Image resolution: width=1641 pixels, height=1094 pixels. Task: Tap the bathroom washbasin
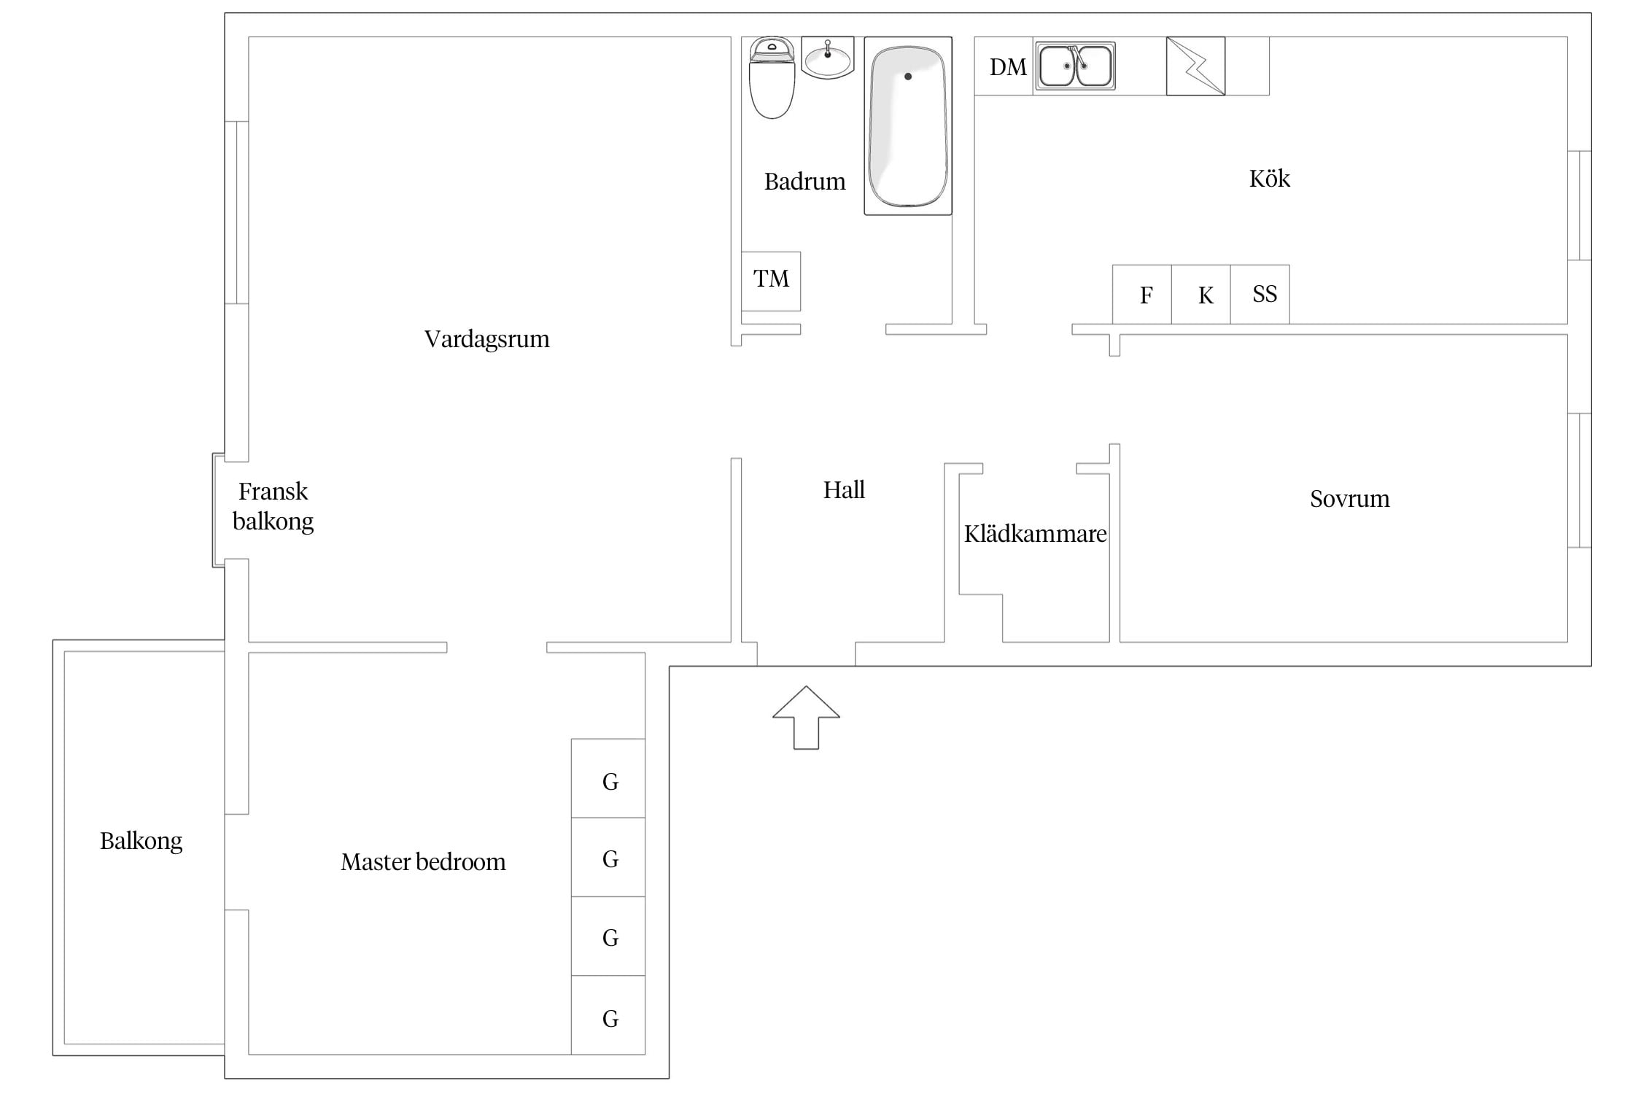(x=827, y=57)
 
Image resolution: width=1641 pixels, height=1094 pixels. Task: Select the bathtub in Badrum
(x=908, y=126)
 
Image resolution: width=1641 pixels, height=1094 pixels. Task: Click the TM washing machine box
(x=771, y=282)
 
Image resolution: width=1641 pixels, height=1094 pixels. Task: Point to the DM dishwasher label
(x=1008, y=67)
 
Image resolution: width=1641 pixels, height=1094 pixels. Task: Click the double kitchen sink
(x=1075, y=66)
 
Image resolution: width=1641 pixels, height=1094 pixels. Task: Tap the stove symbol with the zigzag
(x=1195, y=66)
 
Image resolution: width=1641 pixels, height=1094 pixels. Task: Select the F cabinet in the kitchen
(x=1142, y=295)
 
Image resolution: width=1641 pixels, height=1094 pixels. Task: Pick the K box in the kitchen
(x=1201, y=295)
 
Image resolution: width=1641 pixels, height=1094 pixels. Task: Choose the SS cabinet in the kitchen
(x=1260, y=295)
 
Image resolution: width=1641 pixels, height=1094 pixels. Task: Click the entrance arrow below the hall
(x=806, y=718)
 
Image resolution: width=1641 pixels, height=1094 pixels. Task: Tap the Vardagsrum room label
(x=486, y=339)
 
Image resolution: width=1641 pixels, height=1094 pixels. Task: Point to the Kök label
(x=1270, y=179)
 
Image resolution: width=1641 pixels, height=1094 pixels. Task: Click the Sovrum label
(x=1350, y=499)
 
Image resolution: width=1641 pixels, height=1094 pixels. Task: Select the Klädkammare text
(x=1036, y=534)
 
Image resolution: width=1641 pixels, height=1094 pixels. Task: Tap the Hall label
(x=844, y=489)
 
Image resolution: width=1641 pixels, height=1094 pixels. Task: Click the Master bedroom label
(x=423, y=862)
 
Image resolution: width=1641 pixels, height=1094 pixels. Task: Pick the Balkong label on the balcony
(x=141, y=842)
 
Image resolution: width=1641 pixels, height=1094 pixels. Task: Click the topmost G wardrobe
(x=608, y=778)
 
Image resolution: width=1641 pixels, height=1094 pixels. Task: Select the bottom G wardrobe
(x=608, y=1015)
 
